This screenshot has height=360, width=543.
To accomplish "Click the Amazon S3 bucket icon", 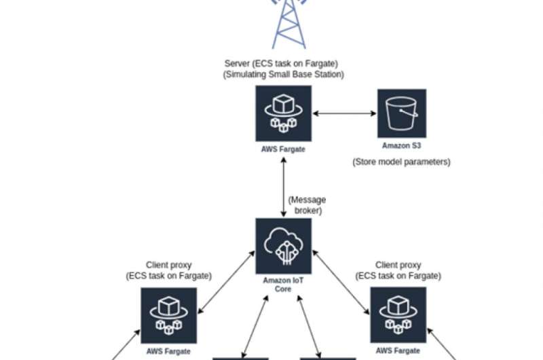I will tap(401, 113).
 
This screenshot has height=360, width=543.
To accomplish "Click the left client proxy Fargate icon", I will tap(168, 314).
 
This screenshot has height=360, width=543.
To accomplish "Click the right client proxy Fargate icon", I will tap(398, 314).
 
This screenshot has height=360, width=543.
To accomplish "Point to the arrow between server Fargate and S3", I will tap(344, 113).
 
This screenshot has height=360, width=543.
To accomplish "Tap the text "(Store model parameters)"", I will tap(401, 162).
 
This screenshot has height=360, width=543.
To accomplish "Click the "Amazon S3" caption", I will tap(401, 145).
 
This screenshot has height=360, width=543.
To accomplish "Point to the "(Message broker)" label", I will tap(307, 204).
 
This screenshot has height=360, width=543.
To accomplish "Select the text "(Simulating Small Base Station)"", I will tap(283, 75).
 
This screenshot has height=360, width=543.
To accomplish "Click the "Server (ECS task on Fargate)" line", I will tap(283, 64).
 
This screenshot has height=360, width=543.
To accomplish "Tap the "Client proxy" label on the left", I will tap(168, 264).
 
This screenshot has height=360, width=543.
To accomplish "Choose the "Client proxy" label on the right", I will tap(398, 264).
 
